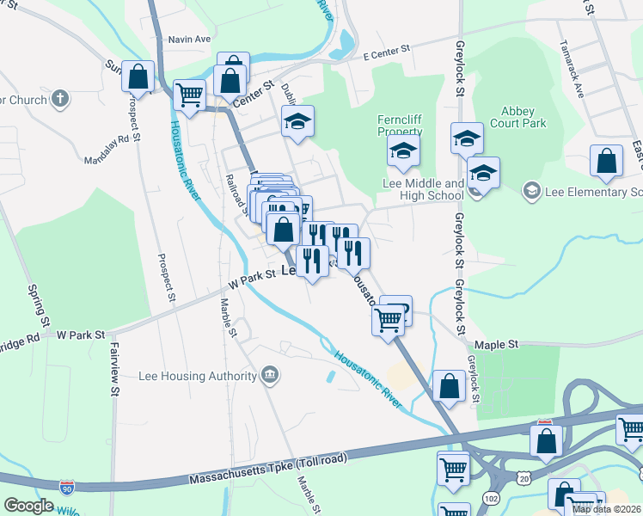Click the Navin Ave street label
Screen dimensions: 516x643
click(190, 40)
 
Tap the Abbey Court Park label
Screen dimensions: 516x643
click(523, 118)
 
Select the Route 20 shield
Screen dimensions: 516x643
click(524, 477)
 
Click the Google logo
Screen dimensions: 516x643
click(28, 505)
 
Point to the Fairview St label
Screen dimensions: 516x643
click(113, 370)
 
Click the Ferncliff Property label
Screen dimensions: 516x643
click(400, 126)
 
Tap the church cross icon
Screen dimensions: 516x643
click(59, 99)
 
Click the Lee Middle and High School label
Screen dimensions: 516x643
click(423, 189)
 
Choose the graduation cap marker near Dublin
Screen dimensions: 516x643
click(298, 123)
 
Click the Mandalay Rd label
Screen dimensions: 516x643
click(112, 149)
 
